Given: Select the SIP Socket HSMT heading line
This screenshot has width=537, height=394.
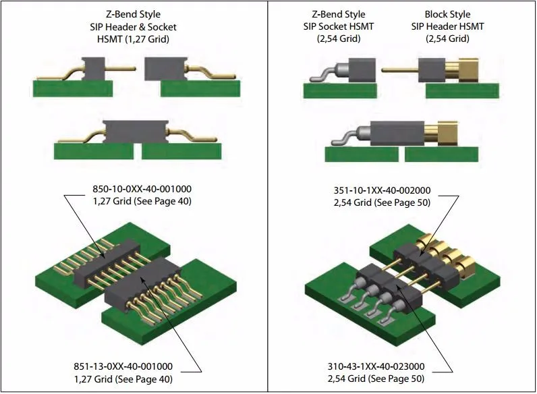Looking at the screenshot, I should click(339, 26).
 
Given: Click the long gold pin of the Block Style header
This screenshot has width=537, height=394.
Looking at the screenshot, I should click(399, 69).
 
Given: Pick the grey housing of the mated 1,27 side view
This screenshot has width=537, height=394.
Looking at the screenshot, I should click(135, 132).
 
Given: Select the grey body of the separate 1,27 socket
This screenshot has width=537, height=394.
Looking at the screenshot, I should click(165, 69).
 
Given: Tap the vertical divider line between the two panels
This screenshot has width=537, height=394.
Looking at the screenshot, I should click(268, 202).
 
